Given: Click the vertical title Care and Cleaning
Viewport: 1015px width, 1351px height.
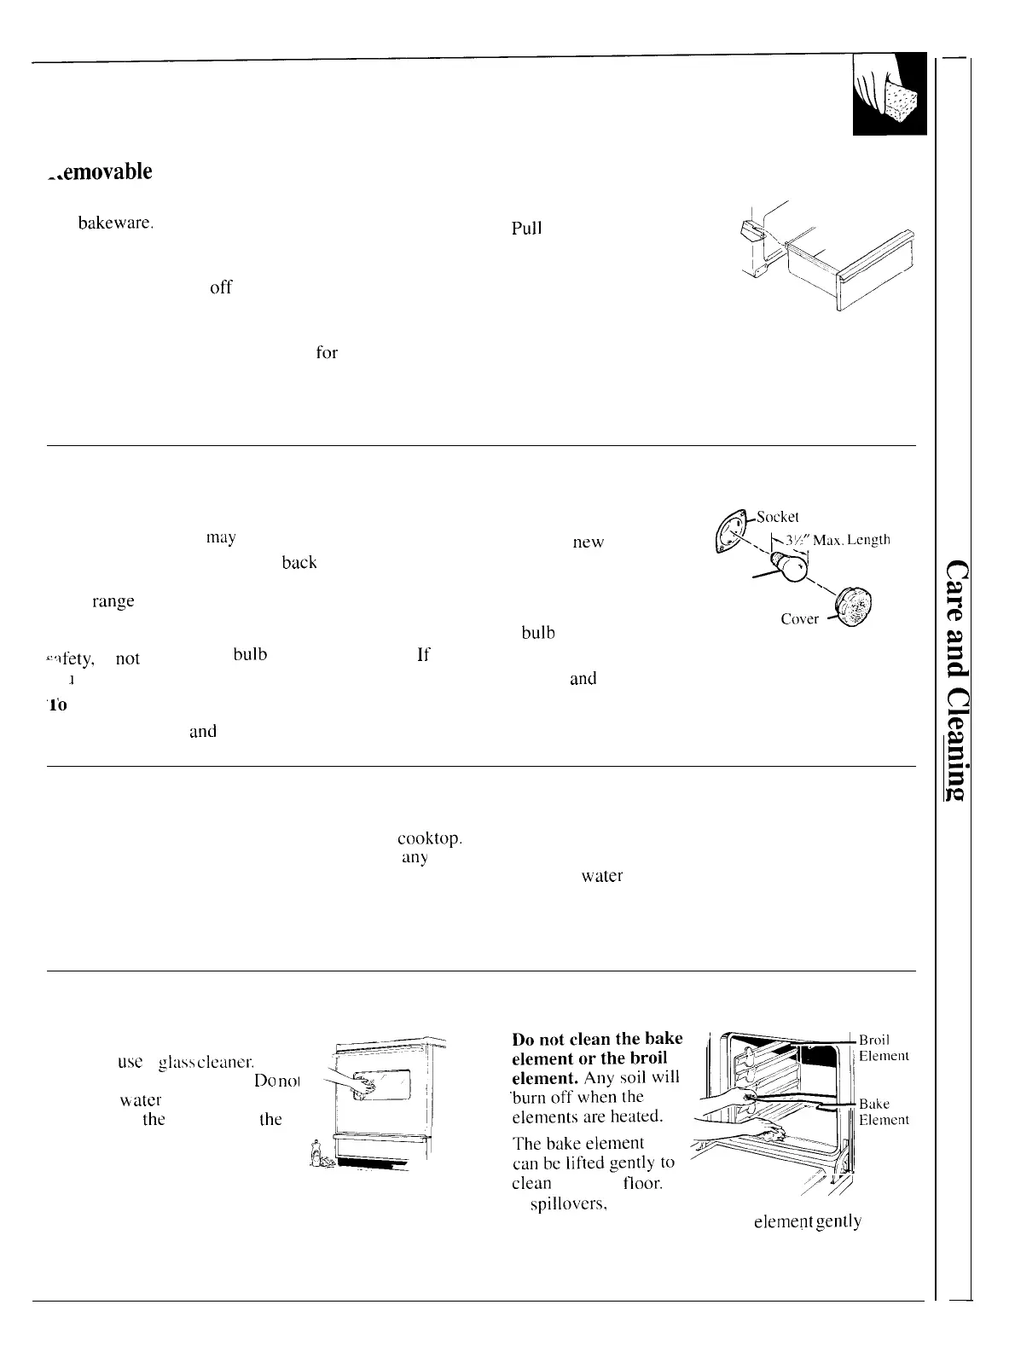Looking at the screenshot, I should coord(960,679).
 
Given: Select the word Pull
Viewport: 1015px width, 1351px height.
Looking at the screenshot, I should coord(527,229).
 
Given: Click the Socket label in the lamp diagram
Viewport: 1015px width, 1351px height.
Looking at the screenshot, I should coord(777,517).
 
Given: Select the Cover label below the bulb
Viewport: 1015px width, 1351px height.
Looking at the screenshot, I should coord(800,619).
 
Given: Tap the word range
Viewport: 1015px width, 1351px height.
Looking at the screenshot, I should coord(113,601).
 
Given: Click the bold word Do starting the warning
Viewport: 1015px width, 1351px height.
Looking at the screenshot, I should coord(524,1040).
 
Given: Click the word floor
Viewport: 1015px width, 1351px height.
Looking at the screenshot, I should coord(643,1184).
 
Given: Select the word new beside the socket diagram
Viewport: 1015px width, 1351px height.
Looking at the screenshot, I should coord(589,543).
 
